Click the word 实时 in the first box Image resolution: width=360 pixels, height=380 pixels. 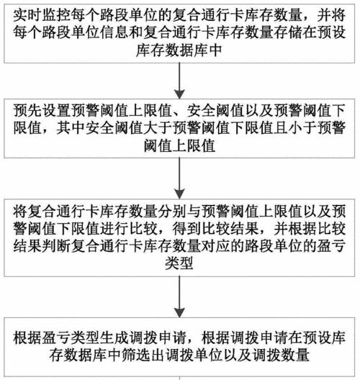(x=27, y=14)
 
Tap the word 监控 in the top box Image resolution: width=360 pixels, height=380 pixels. (x=56, y=14)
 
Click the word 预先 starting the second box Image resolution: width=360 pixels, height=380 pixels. (x=27, y=110)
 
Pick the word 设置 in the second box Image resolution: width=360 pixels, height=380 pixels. (x=56, y=110)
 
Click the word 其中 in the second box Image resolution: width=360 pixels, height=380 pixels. (x=71, y=127)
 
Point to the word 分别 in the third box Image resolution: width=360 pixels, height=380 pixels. (x=172, y=211)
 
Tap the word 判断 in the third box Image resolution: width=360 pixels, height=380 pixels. (x=56, y=246)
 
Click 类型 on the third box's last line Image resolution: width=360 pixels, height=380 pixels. (x=179, y=263)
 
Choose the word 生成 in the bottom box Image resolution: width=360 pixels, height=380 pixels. (x=114, y=338)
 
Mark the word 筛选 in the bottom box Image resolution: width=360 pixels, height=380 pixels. (x=136, y=355)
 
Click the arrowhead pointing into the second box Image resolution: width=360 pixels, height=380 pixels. (x=179, y=94)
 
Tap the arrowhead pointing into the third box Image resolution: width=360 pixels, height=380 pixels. (x=179, y=194)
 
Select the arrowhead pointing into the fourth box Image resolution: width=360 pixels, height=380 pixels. (x=179, y=312)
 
